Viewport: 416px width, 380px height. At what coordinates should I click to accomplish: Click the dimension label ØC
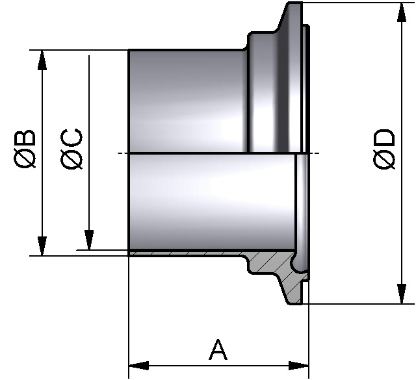(x=72, y=150)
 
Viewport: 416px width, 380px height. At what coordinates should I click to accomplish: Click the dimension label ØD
(x=385, y=150)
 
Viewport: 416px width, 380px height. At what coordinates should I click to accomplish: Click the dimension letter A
(x=218, y=350)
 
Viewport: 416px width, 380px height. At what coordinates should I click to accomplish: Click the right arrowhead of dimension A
(x=300, y=366)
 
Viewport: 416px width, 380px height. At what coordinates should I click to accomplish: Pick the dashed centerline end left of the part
(x=120, y=153)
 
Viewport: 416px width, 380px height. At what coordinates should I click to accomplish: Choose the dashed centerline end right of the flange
(x=317, y=153)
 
